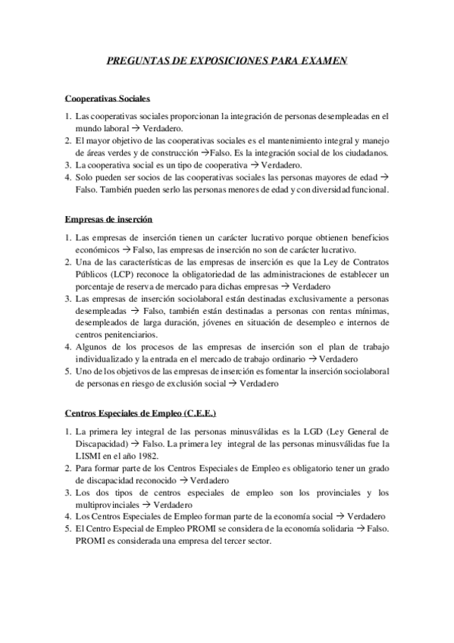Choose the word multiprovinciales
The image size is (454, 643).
(x=108, y=504)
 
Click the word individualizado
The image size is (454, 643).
(x=110, y=359)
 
